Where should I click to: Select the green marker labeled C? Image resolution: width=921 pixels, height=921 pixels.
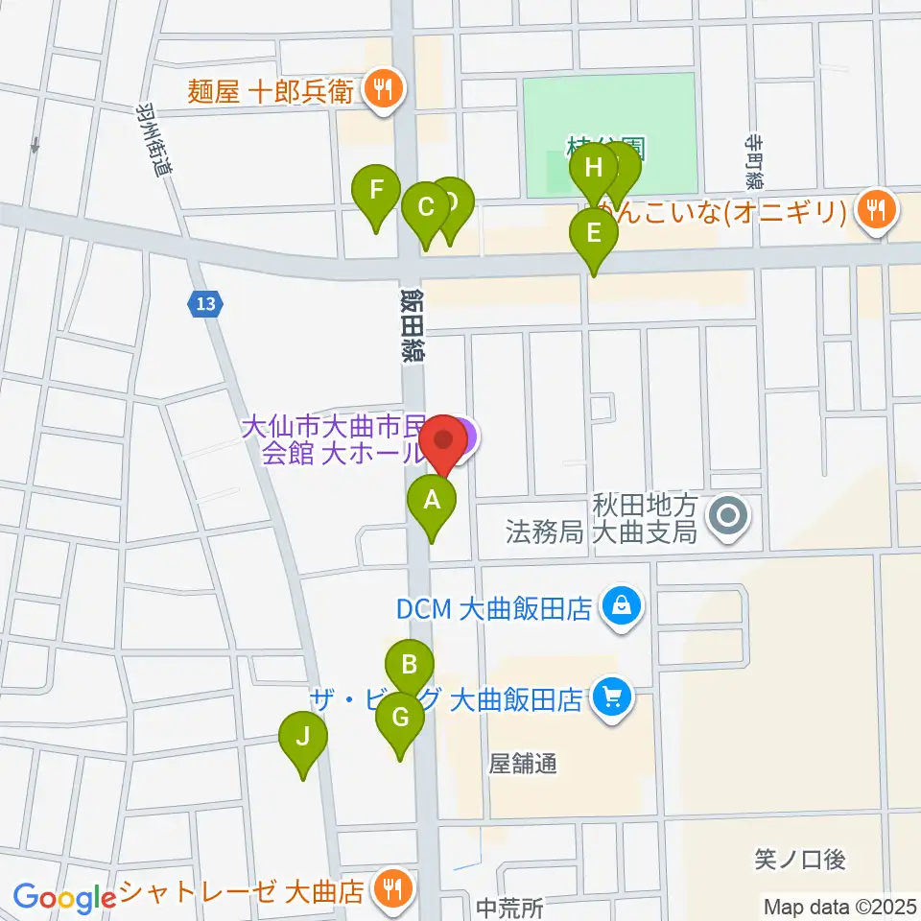pyautogui.click(x=424, y=205)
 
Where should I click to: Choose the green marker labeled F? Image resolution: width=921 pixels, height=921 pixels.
pyautogui.click(x=377, y=189)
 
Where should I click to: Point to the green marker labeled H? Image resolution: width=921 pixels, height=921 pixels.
pyautogui.click(x=594, y=170)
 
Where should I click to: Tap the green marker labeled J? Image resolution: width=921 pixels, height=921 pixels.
pyautogui.click(x=303, y=738)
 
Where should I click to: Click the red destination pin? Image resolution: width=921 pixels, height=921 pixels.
pyautogui.click(x=443, y=441)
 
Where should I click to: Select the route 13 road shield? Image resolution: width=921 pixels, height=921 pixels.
pyautogui.click(x=203, y=304)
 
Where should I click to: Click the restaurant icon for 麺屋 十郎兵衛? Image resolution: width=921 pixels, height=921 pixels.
pyautogui.click(x=386, y=91)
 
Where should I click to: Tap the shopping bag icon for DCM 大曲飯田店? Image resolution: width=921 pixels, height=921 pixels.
pyautogui.click(x=623, y=605)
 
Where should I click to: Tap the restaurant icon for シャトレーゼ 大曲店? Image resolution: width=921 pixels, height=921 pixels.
pyautogui.click(x=391, y=889)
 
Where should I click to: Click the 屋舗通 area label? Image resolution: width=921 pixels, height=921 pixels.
pyautogui.click(x=523, y=764)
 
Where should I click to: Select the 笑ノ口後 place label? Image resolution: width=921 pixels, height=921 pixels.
pyautogui.click(x=799, y=860)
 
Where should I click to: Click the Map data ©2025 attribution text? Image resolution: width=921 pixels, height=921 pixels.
pyautogui.click(x=839, y=905)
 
